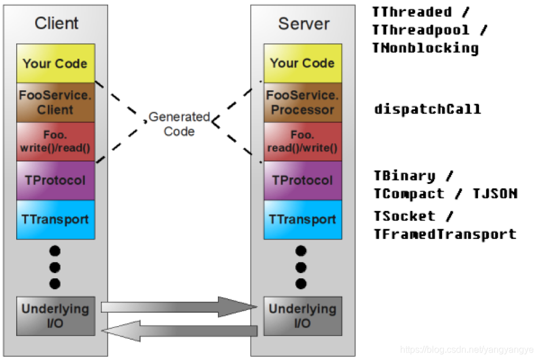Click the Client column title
(56, 24)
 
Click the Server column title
(303, 24)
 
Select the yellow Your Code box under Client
(55, 63)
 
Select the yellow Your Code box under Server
(303, 63)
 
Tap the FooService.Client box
(55, 103)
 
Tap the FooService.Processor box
(303, 103)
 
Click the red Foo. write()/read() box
(55, 142)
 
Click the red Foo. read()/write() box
(303, 142)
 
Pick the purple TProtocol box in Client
(55, 180)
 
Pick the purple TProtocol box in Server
(303, 180)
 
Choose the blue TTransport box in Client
(55, 219)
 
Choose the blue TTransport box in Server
(303, 219)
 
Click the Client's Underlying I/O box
(55, 316)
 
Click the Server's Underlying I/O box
(303, 316)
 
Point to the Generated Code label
(179, 124)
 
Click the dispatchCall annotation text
(427, 109)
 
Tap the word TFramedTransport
(444, 234)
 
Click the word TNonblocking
(425, 48)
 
